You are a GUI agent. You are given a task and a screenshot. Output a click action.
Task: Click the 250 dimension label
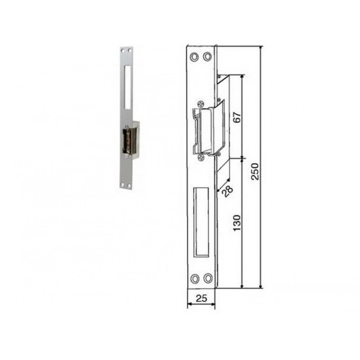tap(255, 171)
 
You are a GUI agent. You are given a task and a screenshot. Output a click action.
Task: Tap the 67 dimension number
tap(237, 117)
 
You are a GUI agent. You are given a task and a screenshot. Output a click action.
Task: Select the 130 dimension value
tap(237, 223)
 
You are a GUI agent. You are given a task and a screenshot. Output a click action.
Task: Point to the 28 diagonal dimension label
tap(228, 191)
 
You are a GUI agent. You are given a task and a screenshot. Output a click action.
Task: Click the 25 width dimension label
tap(202, 298)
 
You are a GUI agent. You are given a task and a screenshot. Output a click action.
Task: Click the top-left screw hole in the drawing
tap(194, 56)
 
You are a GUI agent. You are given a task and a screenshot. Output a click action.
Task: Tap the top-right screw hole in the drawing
tap(207, 56)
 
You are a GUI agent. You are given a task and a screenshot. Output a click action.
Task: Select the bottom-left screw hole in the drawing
tap(195, 278)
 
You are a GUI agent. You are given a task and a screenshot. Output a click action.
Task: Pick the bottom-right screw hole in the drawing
tap(208, 278)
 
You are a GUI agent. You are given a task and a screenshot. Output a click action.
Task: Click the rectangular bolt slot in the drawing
tap(201, 222)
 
